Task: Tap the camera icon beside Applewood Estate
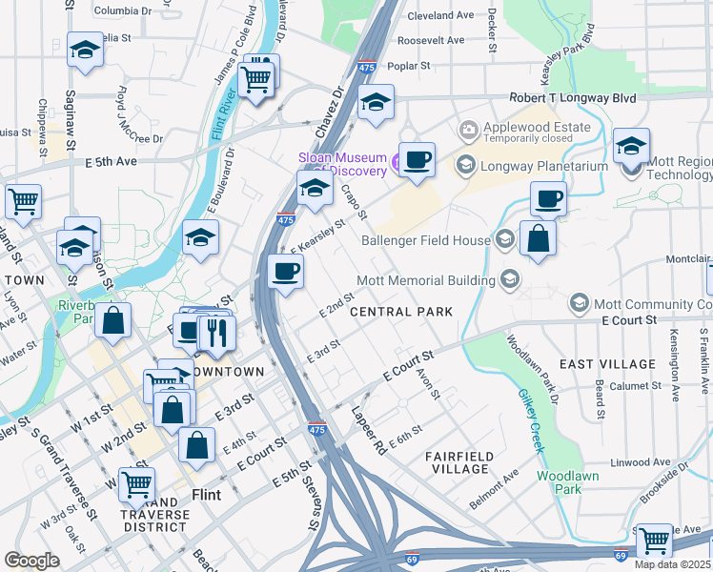click(467, 129)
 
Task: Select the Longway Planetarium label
click(539, 165)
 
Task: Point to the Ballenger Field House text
click(425, 240)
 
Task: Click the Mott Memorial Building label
click(425, 280)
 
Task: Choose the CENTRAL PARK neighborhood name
click(400, 312)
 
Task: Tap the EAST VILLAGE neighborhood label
click(607, 364)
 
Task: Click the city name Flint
click(207, 495)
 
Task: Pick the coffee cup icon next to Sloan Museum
click(416, 159)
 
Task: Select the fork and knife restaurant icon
click(215, 332)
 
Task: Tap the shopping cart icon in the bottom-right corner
click(654, 541)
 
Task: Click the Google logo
click(31, 561)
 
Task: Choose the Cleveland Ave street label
click(440, 16)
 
